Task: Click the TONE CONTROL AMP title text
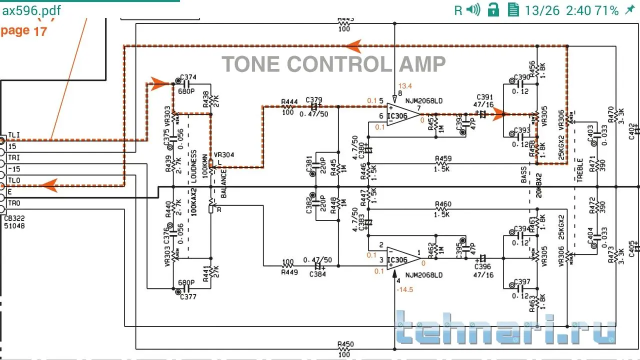coord(333,64)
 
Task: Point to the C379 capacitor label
coord(313,99)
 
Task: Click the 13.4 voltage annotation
coord(405,86)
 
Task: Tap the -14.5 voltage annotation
coord(405,289)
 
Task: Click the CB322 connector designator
coord(14,218)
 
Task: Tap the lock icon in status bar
coord(493,9)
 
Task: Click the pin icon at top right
coord(630,9)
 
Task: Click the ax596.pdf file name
coord(31,10)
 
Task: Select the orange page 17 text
coord(23,30)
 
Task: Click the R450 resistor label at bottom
coord(345,344)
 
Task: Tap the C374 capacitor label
coord(188,77)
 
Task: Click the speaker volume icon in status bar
coord(473,9)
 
